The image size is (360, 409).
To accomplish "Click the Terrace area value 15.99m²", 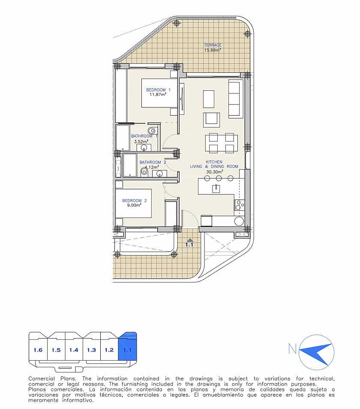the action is pyautogui.click(x=213, y=50).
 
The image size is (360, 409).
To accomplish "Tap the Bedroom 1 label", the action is pyautogui.click(x=158, y=90).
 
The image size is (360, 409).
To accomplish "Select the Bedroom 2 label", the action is pyautogui.click(x=135, y=200).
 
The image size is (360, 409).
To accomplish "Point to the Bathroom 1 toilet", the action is pyautogui.click(x=152, y=130).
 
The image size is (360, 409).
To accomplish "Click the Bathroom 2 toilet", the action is pyautogui.click(x=144, y=172).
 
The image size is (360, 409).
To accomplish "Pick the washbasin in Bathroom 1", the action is pyautogui.click(x=144, y=148).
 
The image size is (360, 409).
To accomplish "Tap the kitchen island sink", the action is pyautogui.click(x=216, y=188).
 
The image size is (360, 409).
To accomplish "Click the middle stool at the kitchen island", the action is pyautogui.click(x=219, y=178).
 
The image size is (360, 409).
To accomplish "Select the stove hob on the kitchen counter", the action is pyautogui.click(x=239, y=205).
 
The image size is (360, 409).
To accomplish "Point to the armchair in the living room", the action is pyautogui.click(x=212, y=119).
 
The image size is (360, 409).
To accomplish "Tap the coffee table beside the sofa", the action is pyautogui.click(x=209, y=99).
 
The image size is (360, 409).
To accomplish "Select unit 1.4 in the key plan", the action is pyautogui.click(x=74, y=349).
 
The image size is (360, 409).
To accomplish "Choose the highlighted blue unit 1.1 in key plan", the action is pyautogui.click(x=127, y=346).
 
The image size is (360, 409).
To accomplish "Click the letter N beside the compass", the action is pyautogui.click(x=292, y=349).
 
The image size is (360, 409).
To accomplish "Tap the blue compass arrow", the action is pyautogui.click(x=316, y=352).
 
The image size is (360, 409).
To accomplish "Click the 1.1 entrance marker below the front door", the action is pyautogui.click(x=189, y=242).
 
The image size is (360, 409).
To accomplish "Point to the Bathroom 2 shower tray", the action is pyautogui.click(x=130, y=165).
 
